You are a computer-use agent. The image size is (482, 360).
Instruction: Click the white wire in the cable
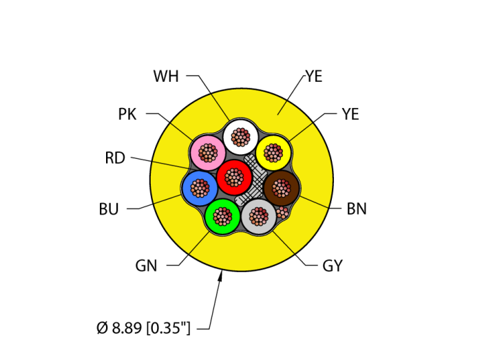tap(240, 136)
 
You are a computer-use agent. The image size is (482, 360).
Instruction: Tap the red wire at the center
tap(234, 178)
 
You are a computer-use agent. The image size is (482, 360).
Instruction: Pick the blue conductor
tap(200, 187)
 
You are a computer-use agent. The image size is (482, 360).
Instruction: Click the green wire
tap(222, 216)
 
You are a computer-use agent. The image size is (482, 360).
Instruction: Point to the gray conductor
tap(258, 217)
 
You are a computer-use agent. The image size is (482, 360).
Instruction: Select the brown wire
tap(281, 187)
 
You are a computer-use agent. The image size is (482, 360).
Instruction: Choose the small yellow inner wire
tap(273, 152)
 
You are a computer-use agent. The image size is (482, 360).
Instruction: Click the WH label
tap(166, 76)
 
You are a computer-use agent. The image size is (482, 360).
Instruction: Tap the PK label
tap(127, 114)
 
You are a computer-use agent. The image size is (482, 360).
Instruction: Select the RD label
tap(115, 158)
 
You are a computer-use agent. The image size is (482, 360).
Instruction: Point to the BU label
tap(109, 209)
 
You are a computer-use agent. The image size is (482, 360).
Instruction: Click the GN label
tap(146, 266)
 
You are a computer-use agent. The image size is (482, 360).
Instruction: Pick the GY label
tap(332, 266)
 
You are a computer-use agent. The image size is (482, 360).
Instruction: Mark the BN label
tap(356, 209)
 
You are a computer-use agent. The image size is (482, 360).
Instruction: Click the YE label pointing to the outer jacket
tap(314, 76)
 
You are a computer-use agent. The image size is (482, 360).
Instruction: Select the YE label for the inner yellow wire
tap(350, 114)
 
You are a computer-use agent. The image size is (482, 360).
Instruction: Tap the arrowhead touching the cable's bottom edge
tap(221, 275)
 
